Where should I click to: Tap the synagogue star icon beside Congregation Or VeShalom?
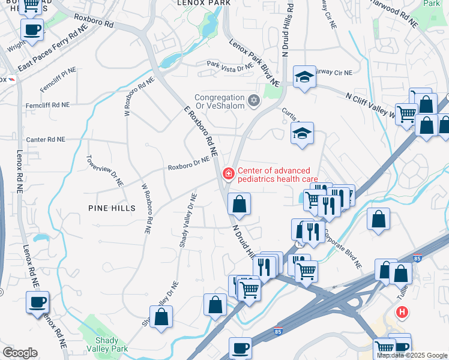coord(254,100)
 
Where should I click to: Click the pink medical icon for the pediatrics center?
coord(228,174)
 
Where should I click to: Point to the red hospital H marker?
coord(402,313)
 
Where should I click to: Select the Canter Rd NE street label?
coord(45,139)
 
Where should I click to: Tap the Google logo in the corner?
coord(20,353)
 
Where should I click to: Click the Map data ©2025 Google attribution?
coord(412,355)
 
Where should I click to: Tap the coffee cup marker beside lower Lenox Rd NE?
coord(37,302)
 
